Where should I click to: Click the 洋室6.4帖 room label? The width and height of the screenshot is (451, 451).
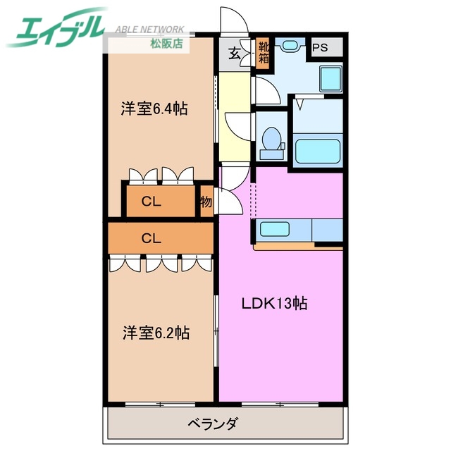154,109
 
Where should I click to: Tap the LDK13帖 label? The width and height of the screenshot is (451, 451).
275,304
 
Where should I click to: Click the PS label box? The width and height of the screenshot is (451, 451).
320,48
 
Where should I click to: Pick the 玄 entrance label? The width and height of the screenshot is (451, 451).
233,54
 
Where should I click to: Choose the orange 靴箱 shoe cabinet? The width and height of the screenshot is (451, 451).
262,53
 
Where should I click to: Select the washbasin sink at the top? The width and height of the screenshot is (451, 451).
290,45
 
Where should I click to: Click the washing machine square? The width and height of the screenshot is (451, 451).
329,77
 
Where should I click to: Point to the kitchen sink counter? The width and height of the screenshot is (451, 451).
282,230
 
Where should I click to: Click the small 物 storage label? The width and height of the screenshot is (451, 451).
206,202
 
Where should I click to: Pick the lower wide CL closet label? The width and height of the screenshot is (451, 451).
152,238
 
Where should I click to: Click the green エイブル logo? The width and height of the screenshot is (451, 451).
56,28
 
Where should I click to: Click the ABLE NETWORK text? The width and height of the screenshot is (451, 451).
149,30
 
